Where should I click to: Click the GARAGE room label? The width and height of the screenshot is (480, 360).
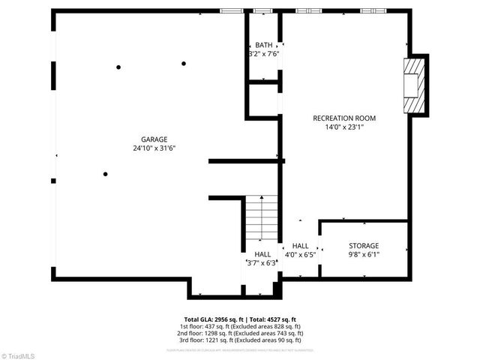click(154, 139)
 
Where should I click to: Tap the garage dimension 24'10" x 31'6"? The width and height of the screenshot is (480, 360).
click(154, 148)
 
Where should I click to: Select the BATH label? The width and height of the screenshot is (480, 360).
click(264, 45)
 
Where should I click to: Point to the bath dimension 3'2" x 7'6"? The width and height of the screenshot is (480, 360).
click(264, 54)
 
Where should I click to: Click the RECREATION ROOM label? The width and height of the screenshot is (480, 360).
click(344, 118)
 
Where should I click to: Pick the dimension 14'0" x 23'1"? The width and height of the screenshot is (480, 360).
click(344, 127)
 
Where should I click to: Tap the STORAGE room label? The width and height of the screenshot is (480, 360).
click(364, 246)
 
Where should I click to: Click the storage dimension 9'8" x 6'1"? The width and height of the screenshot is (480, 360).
click(364, 255)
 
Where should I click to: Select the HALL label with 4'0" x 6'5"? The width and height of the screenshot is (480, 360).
click(300, 246)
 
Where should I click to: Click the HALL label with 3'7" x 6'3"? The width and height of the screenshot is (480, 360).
click(262, 254)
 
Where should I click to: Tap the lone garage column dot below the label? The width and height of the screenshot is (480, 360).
click(106, 174)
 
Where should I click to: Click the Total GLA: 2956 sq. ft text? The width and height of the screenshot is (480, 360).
click(214, 319)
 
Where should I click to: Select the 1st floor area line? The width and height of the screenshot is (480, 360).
click(240, 326)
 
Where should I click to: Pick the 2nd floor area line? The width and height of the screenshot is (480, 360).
click(240, 333)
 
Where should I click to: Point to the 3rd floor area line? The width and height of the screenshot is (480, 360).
click(240, 340)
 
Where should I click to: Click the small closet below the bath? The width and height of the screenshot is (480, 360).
click(262, 100)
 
